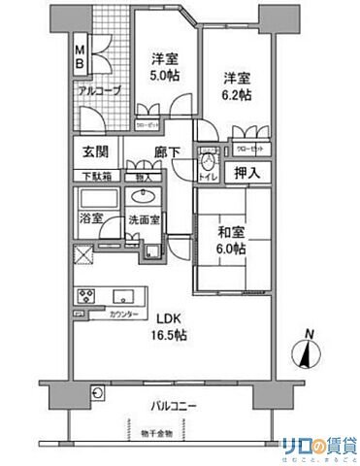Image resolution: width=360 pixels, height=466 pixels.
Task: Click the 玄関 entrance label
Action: [x=95, y=151]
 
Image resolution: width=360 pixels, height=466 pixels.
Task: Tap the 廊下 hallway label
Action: [x=167, y=151]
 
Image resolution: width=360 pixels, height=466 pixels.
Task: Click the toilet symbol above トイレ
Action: [x=207, y=154]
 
